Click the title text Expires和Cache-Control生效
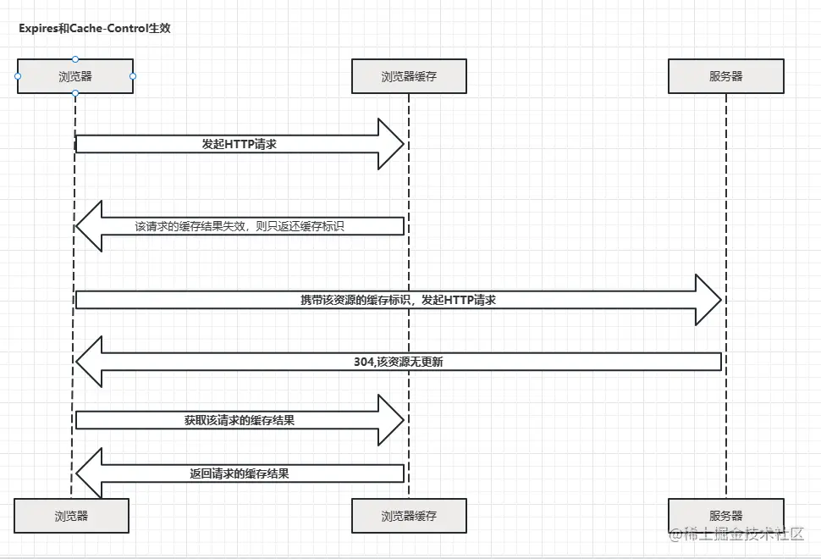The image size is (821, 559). point(96,29)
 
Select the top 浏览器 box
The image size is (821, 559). point(75,76)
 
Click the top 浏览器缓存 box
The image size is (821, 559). point(409,76)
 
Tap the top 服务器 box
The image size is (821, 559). point(725,76)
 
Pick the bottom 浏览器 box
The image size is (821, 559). point(71,515)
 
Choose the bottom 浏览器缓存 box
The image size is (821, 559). point(409,515)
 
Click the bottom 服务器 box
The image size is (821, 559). point(725,515)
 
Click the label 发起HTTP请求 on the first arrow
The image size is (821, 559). point(240,144)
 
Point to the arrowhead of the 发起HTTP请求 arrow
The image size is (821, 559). point(391,144)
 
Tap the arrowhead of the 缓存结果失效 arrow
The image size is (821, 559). point(90,226)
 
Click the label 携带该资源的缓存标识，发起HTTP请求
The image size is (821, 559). point(398,300)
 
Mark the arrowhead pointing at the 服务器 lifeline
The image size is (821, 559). point(708,300)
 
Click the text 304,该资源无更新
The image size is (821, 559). point(398,362)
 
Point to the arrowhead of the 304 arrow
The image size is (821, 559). point(90,362)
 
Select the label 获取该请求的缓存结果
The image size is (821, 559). point(240,420)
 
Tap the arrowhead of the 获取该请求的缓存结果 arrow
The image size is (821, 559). point(391,420)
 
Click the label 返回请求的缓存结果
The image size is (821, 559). point(240,473)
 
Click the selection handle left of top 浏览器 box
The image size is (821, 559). point(18,76)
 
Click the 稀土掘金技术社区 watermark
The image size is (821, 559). point(736,534)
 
